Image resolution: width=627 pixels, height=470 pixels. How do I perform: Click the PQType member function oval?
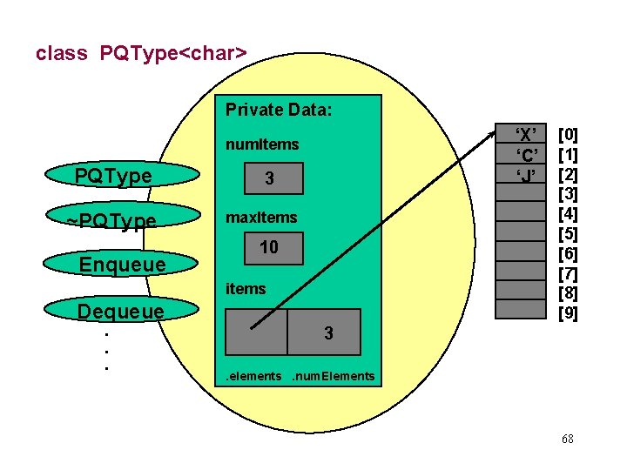click(112, 177)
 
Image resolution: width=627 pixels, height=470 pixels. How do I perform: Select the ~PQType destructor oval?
click(112, 221)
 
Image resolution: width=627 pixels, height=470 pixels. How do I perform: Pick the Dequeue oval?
click(121, 311)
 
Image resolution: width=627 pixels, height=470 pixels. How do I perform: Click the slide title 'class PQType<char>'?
click(141, 53)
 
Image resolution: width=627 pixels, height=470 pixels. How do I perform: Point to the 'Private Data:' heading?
click(279, 110)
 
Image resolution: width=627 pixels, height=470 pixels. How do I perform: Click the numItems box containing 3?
click(269, 179)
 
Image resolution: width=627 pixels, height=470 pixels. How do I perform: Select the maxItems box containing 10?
click(269, 248)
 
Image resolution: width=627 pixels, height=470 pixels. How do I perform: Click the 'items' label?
click(246, 288)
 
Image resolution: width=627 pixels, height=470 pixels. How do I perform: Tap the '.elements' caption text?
click(253, 376)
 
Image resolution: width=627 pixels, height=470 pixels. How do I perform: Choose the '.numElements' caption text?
click(333, 376)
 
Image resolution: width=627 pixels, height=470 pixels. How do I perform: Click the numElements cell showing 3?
click(327, 332)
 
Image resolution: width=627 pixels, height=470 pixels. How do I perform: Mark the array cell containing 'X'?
click(524, 133)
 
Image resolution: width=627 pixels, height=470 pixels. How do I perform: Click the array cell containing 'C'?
click(524, 155)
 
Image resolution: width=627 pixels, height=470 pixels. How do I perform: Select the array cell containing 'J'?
click(524, 175)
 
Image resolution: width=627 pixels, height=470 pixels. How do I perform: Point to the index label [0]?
click(568, 134)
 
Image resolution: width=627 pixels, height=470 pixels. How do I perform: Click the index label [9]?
click(568, 313)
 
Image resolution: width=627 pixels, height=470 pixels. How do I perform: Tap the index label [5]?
click(568, 234)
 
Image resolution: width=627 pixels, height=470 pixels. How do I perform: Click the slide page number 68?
click(567, 439)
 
